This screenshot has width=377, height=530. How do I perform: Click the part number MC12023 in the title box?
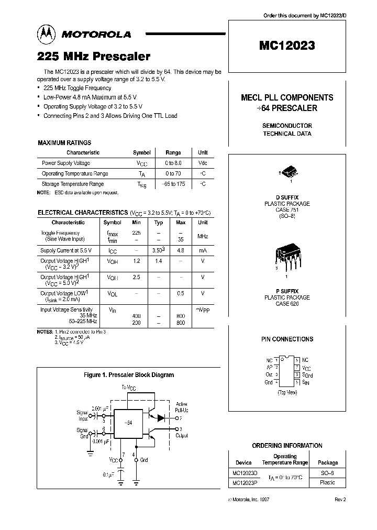[287, 46]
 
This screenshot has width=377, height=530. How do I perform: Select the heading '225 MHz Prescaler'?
[94, 56]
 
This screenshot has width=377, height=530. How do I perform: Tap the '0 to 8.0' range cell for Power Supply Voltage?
[173, 163]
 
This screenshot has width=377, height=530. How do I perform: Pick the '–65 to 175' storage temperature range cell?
[173, 184]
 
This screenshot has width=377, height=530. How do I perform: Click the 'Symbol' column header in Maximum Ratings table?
[141, 153]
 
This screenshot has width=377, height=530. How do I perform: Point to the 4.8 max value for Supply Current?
[181, 250]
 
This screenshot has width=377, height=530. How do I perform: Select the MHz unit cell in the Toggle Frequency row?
[203, 237]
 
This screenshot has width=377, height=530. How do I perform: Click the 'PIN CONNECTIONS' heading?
[287, 339]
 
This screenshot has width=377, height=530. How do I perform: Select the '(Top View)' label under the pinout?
[286, 392]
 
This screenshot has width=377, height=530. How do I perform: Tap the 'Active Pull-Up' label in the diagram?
[182, 407]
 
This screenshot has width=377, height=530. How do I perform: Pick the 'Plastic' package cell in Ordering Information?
[327, 482]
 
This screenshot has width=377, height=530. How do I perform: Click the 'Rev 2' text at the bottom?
[340, 500]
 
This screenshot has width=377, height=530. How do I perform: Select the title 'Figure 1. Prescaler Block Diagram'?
[129, 375]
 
